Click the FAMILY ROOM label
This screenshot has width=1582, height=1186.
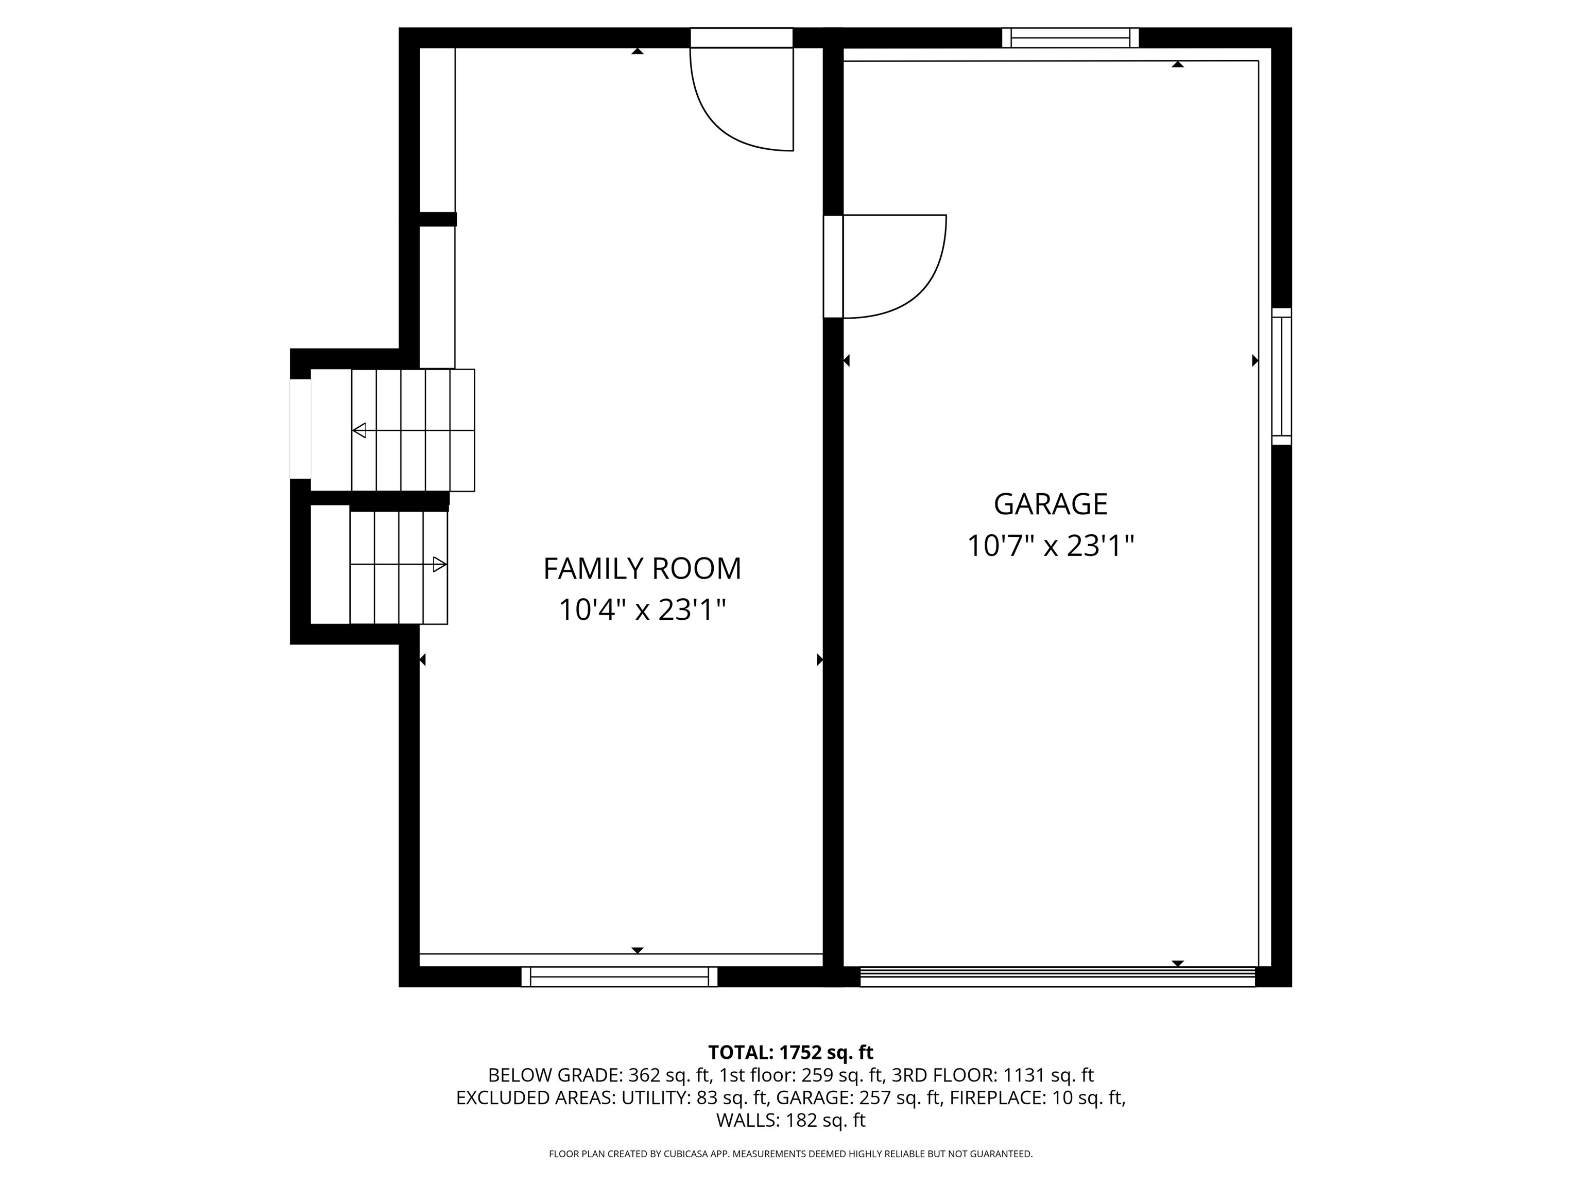point(642,569)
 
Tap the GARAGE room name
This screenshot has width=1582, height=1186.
point(1050,504)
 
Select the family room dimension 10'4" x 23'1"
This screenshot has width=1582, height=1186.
point(642,611)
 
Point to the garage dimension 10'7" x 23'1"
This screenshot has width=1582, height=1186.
point(1050,547)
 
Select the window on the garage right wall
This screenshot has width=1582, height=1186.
point(1282,376)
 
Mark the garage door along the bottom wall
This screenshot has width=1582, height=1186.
point(1057,976)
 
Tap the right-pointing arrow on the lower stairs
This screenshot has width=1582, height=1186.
point(439,565)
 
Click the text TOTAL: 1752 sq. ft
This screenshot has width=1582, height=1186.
point(790,1052)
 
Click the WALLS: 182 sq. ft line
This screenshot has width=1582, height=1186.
point(790,1120)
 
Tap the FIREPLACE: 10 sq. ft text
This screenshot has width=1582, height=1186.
point(1037,1098)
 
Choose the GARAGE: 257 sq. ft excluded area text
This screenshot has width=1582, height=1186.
point(858,1098)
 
